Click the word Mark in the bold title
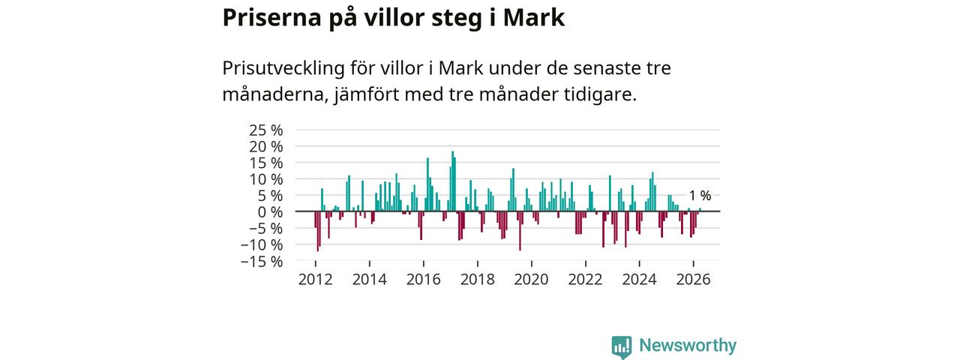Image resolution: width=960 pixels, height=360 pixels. (x=533, y=18)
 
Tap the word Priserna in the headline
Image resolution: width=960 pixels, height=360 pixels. (x=271, y=18)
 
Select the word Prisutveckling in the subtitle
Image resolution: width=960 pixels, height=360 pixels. (x=283, y=68)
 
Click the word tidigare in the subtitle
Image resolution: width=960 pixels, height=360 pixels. (x=600, y=94)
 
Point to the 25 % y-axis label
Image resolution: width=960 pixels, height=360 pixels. (x=265, y=130)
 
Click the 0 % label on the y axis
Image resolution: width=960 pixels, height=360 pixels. (x=271, y=211)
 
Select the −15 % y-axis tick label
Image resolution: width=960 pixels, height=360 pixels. (x=262, y=261)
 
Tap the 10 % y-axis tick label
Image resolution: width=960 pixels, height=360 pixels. (x=265, y=179)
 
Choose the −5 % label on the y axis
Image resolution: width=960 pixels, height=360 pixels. (x=266, y=228)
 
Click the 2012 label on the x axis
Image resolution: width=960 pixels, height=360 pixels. (x=316, y=280)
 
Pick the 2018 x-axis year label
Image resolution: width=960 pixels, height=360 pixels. (x=478, y=280)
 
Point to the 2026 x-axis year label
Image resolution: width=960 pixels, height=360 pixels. (x=693, y=280)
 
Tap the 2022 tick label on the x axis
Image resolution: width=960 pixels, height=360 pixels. (x=586, y=280)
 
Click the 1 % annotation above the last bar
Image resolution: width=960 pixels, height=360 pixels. (x=700, y=196)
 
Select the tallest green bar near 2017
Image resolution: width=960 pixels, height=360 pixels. (x=452, y=181)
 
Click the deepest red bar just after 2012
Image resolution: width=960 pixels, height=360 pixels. (x=317, y=231)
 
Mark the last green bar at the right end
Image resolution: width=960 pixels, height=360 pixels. (x=700, y=209)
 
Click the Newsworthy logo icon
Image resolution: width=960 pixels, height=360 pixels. (x=622, y=346)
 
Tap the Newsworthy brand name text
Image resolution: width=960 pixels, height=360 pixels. (x=688, y=345)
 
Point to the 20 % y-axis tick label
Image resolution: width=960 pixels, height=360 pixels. (x=265, y=146)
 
